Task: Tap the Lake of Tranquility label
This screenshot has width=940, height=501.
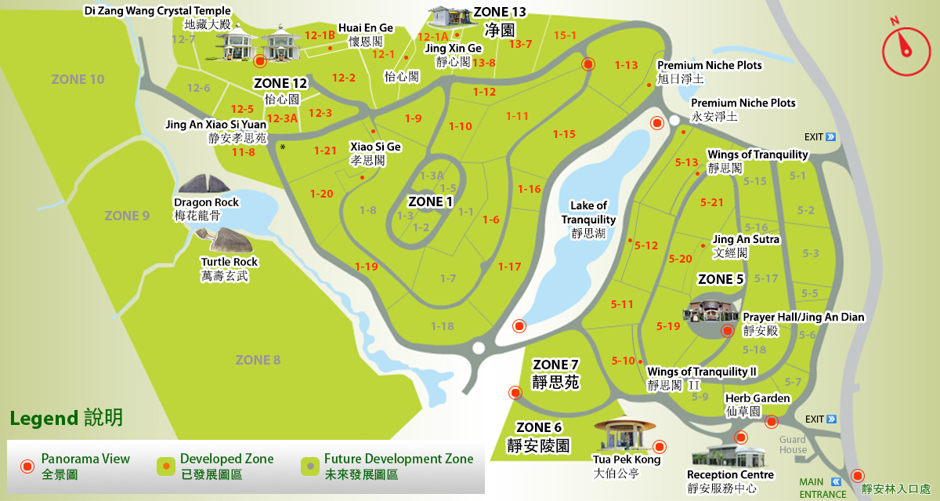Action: [588, 212]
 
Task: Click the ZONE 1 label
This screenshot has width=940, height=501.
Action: [431, 201]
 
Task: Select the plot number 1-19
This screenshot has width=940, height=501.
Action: [366, 267]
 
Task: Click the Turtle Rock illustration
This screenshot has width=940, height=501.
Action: [229, 240]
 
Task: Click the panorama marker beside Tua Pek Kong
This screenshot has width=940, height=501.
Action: [660, 447]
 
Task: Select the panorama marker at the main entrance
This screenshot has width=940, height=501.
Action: [858, 475]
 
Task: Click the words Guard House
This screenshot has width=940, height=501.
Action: [793, 445]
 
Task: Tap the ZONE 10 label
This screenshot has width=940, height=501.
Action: [78, 79]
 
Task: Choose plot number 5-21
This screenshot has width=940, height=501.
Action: [712, 202]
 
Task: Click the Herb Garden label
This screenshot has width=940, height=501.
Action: [757, 398]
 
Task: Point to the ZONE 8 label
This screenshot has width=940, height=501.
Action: [258, 360]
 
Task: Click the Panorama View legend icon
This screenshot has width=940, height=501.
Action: [27, 467]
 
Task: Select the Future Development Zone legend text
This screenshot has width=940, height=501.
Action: [399, 459]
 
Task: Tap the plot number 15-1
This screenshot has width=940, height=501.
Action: [564, 35]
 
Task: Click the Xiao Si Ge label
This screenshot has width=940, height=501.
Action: [375, 147]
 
